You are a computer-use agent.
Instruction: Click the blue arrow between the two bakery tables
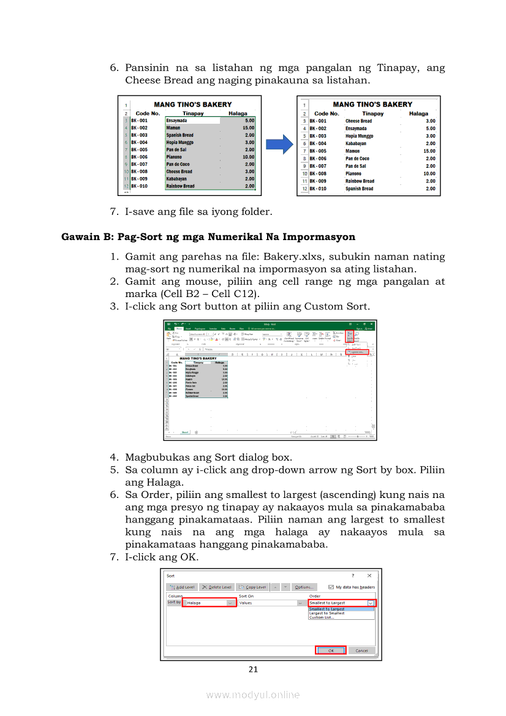pos(279,145)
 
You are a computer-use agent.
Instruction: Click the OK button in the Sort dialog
pos(331,650)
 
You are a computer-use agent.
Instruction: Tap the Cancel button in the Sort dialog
pos(361,650)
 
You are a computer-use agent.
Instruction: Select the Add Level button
pos(182,587)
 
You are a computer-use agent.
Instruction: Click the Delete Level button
pos(217,587)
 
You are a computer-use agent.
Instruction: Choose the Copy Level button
pos(253,587)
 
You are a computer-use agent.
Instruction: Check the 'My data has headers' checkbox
pos(331,587)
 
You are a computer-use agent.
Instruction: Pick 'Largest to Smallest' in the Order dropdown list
pos(327,613)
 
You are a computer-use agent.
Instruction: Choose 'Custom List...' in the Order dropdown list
pos(322,617)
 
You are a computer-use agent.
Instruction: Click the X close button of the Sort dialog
pos(369,576)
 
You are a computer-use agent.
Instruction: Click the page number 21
pos(253,669)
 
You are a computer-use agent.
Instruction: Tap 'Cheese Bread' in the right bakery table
pos(358,121)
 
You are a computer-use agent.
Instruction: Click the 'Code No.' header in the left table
pos(148,113)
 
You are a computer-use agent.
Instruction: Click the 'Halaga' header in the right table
pos(418,113)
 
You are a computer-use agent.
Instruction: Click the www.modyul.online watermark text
pos(253,695)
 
